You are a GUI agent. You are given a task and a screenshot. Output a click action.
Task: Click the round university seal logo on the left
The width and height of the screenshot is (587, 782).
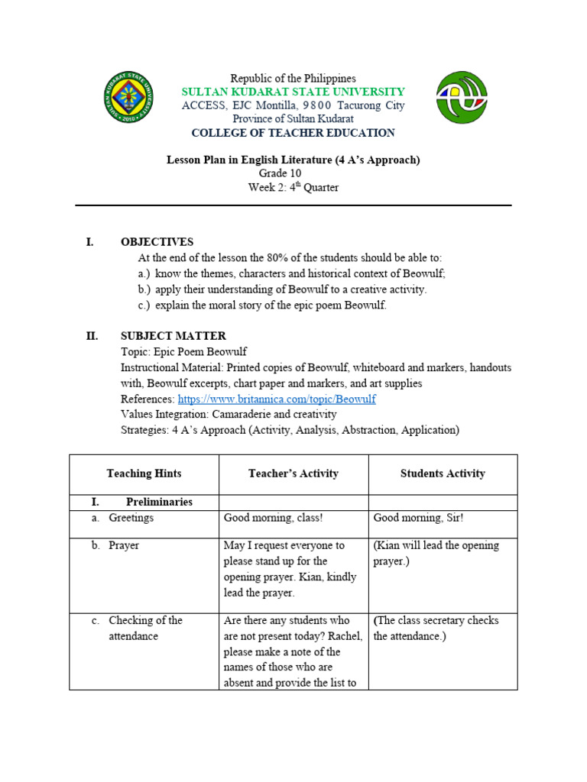pyautogui.click(x=128, y=97)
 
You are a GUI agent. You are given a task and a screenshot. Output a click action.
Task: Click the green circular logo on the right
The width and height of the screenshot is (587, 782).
pyautogui.click(x=461, y=97)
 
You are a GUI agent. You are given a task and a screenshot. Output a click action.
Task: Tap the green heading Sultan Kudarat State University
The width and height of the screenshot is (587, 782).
pyautogui.click(x=293, y=92)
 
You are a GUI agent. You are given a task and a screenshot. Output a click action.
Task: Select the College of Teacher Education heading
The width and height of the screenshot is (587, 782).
pyautogui.click(x=293, y=133)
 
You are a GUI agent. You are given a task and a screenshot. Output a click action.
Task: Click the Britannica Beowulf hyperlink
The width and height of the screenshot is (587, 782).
pyautogui.click(x=277, y=399)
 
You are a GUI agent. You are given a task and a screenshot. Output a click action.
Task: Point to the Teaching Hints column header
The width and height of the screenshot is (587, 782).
pyautogui.click(x=144, y=473)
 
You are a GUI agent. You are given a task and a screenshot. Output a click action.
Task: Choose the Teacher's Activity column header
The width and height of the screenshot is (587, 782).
pyautogui.click(x=293, y=473)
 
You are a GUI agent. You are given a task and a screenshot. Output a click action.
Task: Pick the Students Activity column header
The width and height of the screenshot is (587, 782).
pyautogui.click(x=443, y=473)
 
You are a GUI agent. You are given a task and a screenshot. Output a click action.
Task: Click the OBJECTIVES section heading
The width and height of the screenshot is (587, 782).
pyautogui.click(x=157, y=242)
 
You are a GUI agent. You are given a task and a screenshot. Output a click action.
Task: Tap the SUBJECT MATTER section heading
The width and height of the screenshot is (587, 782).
pyautogui.click(x=173, y=336)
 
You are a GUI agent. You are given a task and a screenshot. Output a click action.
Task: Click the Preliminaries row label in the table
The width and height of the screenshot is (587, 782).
pyautogui.click(x=159, y=502)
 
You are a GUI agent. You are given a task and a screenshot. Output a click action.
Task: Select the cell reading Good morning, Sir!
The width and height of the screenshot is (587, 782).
pyautogui.click(x=418, y=518)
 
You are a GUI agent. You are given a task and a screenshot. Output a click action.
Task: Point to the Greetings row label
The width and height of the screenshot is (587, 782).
pyautogui.click(x=131, y=518)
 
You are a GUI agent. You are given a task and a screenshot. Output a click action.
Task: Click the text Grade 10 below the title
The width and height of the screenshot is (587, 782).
pyautogui.click(x=280, y=174)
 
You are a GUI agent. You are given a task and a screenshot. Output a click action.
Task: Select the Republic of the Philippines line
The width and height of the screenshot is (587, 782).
pyautogui.click(x=293, y=79)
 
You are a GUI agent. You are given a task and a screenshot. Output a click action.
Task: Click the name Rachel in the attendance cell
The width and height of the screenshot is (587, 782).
pyautogui.click(x=345, y=636)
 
